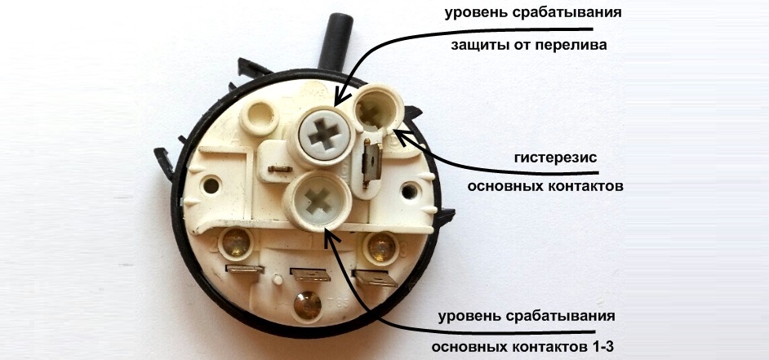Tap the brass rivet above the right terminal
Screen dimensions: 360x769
(x=380, y=243)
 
